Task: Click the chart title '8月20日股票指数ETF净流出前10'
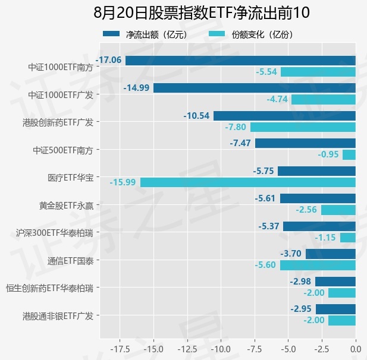click(202, 12)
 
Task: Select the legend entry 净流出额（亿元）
click(145, 34)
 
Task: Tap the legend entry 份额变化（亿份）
click(250, 34)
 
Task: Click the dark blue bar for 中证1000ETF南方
click(240, 61)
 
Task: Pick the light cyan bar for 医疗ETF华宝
click(248, 182)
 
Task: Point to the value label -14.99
click(136, 88)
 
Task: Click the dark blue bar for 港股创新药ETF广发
click(284, 116)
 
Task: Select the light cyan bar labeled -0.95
click(349, 155)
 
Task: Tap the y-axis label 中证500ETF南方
click(63, 150)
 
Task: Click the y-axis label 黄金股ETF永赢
click(66, 206)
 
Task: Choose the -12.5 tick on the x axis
click(187, 349)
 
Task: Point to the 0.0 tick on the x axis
click(356, 349)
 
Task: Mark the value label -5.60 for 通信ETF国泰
click(265, 265)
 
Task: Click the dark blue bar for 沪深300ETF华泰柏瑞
click(319, 226)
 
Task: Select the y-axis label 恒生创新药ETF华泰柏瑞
click(49, 288)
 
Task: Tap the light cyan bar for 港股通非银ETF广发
click(342, 320)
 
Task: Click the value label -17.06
click(108, 60)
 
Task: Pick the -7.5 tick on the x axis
click(255, 349)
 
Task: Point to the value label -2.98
click(300, 282)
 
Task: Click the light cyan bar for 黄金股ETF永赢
click(338, 210)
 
